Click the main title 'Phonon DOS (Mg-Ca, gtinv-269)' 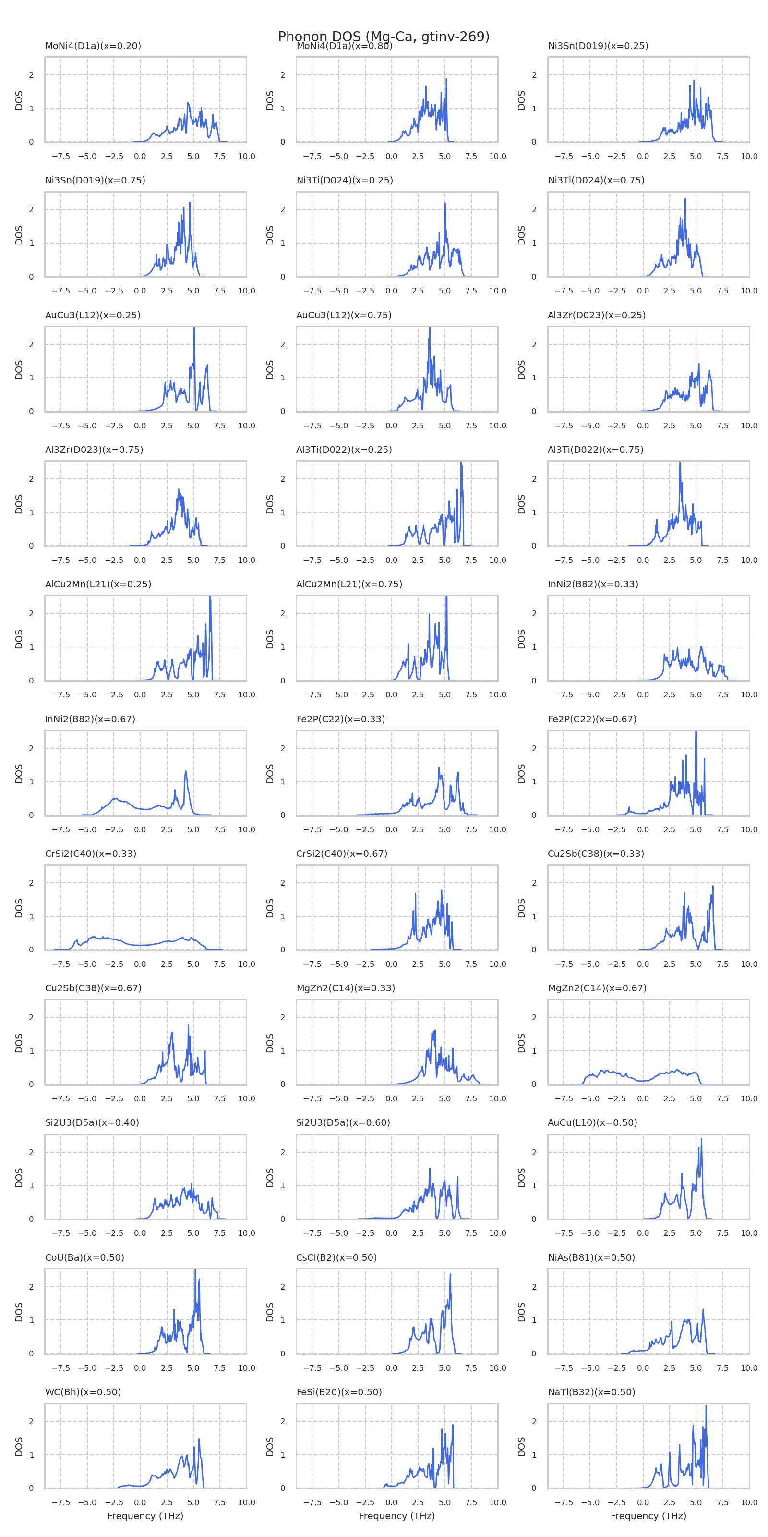(x=384, y=37)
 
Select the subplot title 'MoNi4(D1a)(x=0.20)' (x=93, y=46)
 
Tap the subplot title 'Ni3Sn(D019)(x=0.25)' (x=598, y=46)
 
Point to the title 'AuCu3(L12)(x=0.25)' (x=93, y=315)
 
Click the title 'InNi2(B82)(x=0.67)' (x=90, y=719)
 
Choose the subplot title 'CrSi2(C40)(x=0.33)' (x=91, y=853)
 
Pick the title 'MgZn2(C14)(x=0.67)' (x=597, y=988)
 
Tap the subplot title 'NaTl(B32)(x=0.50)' (x=591, y=1392)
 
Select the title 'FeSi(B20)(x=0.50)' (x=339, y=1392)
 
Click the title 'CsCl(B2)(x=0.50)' (x=336, y=1257)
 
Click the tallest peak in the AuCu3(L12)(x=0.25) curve (x=194, y=328)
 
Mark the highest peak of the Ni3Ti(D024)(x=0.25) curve (x=445, y=204)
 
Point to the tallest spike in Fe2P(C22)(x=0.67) (x=696, y=732)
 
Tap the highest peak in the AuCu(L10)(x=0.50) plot (x=701, y=1139)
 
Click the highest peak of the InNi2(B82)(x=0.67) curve (x=186, y=771)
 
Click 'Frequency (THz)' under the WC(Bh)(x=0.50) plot (x=145, y=1515)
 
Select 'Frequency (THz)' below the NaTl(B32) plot (x=648, y=1515)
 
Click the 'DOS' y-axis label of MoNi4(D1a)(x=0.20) (x=19, y=99)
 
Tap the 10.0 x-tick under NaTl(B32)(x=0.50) (x=749, y=1502)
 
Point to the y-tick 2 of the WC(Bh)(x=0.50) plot (x=32, y=1421)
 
